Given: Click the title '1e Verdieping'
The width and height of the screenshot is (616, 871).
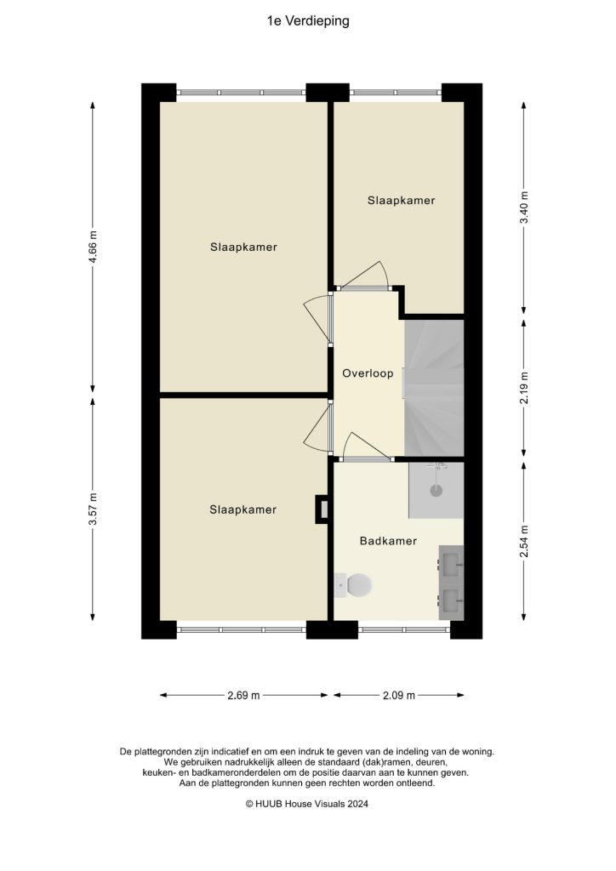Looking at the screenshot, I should pyautogui.click(x=308, y=21).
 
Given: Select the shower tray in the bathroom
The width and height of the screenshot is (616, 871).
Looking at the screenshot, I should pyautogui.click(x=436, y=490).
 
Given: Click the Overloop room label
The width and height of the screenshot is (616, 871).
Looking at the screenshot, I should pyautogui.click(x=368, y=373).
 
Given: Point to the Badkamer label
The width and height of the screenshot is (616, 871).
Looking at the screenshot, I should pyautogui.click(x=388, y=540).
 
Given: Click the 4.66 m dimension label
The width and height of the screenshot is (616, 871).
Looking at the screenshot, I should pyautogui.click(x=94, y=247).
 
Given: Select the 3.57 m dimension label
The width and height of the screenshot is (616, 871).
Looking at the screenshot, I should pyautogui.click(x=94, y=510).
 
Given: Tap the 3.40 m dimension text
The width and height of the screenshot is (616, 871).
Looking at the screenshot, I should pyautogui.click(x=524, y=208).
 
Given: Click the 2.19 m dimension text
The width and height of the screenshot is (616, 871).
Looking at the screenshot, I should pyautogui.click(x=524, y=387).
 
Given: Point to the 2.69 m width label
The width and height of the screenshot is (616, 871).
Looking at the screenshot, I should pyautogui.click(x=243, y=695).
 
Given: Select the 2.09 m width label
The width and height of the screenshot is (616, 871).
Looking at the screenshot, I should pyautogui.click(x=398, y=695).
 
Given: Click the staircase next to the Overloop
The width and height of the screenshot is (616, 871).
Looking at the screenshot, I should pyautogui.click(x=434, y=387).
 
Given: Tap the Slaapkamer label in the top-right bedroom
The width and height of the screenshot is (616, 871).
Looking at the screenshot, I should pyautogui.click(x=401, y=201).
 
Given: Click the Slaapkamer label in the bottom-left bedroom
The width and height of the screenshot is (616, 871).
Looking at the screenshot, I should pyautogui.click(x=243, y=510).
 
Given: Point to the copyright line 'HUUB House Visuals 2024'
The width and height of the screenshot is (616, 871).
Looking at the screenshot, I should pyautogui.click(x=307, y=803).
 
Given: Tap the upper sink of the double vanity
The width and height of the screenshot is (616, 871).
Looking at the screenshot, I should pyautogui.click(x=451, y=561).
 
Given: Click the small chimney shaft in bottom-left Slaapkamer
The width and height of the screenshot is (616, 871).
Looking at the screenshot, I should pyautogui.click(x=322, y=509).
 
